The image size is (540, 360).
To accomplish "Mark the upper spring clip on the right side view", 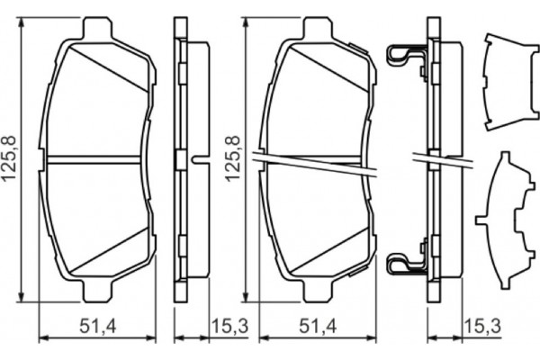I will click(x=403, y=58).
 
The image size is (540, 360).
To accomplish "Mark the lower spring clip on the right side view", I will click(x=403, y=264).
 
